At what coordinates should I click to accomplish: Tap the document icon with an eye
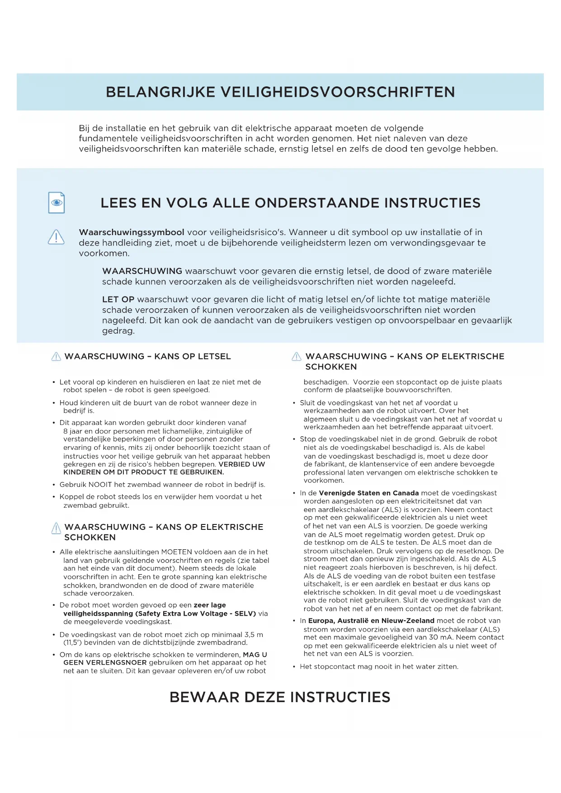(x=57, y=203)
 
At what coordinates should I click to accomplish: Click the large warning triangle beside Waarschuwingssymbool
(x=56, y=237)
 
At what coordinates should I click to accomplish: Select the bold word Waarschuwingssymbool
(x=132, y=232)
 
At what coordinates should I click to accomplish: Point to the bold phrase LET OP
(x=118, y=299)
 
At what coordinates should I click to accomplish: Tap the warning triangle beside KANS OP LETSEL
(x=56, y=357)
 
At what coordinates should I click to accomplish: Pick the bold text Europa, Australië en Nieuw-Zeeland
(x=371, y=621)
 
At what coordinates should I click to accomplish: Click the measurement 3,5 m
(x=254, y=635)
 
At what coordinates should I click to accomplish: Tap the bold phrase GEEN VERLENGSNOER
(x=105, y=663)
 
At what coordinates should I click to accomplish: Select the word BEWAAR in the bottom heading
(x=204, y=697)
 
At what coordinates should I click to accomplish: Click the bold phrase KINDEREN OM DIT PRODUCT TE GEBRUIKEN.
(x=144, y=472)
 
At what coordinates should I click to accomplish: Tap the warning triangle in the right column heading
(x=297, y=357)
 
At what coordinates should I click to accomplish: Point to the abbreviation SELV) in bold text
(x=245, y=614)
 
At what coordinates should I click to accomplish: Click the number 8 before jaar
(x=66, y=431)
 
